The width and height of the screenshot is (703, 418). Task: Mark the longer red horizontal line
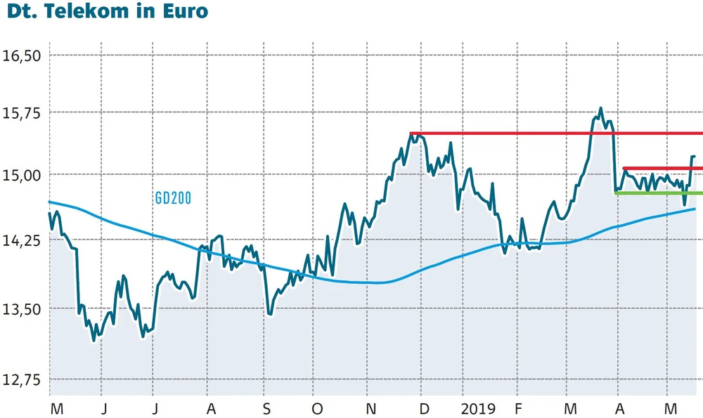point(555,133)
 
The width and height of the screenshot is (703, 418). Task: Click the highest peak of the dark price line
point(600,109)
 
